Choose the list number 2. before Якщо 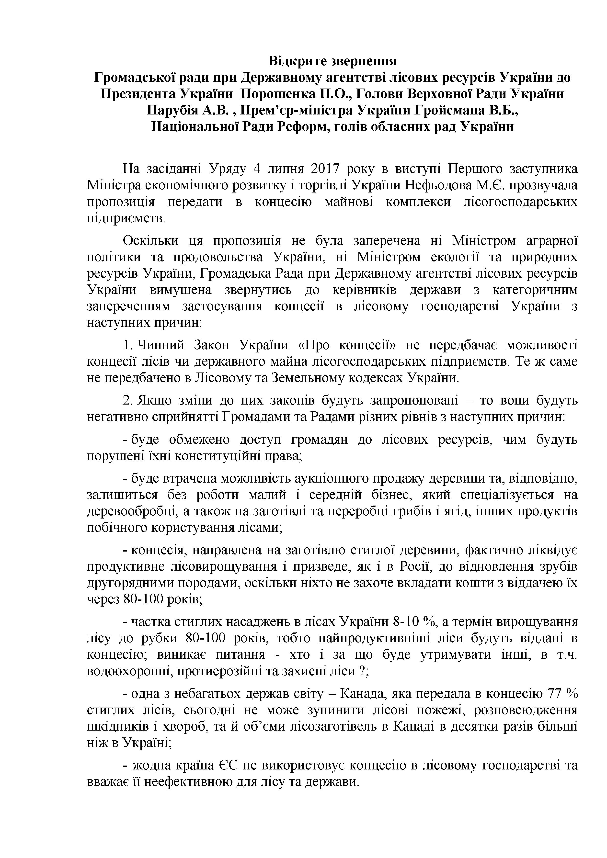[x=129, y=401]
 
